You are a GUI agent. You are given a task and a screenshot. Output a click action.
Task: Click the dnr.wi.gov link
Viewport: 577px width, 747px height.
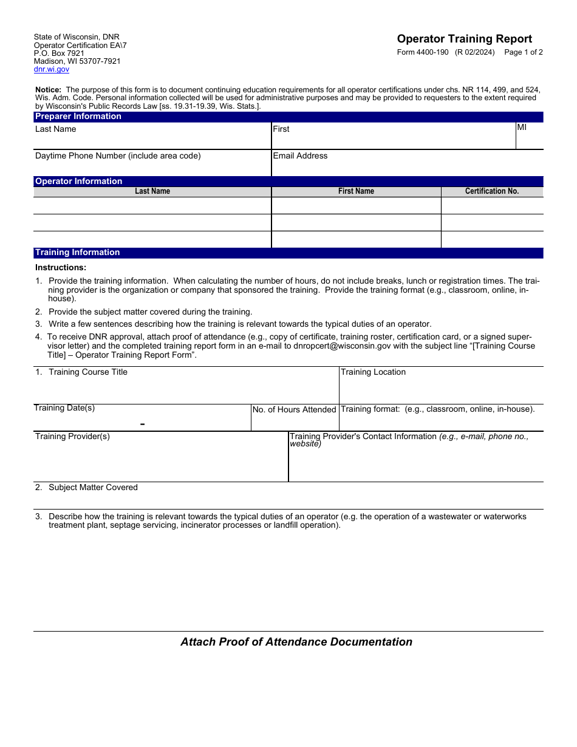coord(52,69)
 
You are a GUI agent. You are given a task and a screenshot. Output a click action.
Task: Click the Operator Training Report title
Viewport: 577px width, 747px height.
coord(464,39)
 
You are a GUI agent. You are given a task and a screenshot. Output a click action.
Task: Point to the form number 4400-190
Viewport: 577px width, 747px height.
coord(423,52)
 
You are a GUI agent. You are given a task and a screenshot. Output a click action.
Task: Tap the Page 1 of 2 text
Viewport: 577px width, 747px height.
coord(524,52)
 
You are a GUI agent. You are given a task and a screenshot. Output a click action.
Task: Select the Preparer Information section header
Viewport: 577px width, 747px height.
coord(78,117)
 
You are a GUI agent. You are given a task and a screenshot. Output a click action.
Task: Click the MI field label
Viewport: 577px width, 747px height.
coord(522,128)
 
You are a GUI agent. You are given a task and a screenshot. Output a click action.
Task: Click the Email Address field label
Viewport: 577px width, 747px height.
coord(300,156)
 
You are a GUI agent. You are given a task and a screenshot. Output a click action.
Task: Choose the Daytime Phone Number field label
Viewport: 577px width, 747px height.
coord(118,156)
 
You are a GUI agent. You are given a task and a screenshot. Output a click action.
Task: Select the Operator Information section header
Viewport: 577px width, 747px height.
coord(79,181)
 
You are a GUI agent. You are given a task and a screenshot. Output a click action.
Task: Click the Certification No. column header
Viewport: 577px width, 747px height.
coord(492,191)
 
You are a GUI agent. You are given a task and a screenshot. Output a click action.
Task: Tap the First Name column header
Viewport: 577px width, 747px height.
coord(356,191)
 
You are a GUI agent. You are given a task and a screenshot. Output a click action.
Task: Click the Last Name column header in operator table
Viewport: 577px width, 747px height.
coord(152,191)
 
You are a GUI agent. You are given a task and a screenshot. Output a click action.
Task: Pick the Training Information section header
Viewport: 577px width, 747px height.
coord(78,253)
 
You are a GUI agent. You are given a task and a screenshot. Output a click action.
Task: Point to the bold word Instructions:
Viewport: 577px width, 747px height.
coord(61,267)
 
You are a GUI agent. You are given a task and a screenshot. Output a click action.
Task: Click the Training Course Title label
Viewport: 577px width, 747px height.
coord(87,372)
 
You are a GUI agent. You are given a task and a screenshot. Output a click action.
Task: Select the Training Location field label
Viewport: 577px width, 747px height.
coord(373,372)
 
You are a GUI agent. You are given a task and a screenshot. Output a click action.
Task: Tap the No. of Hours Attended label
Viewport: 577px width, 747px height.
coord(294,410)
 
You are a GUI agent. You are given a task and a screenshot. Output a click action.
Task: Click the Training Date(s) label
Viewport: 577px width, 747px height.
coord(64,408)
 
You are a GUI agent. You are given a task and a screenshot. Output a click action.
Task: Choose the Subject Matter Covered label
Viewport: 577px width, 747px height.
coord(93,488)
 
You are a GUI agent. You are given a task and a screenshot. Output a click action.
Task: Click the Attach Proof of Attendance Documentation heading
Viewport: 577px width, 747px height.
coord(296,642)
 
